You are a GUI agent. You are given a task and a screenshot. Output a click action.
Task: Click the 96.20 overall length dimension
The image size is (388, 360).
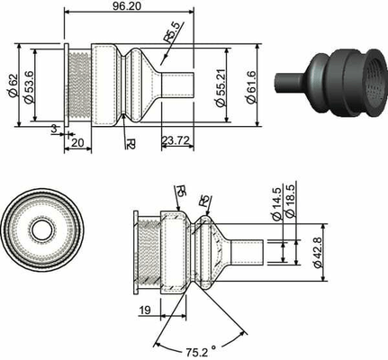tap(127, 6)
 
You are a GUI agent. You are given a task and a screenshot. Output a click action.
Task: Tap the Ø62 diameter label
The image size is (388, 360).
tap(14, 85)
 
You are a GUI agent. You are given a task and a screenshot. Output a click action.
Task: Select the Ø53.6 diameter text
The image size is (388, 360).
tap(30, 86)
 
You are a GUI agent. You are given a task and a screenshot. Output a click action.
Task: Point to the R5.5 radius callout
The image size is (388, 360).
tap(173, 32)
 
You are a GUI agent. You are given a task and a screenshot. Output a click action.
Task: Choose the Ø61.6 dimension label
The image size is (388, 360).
tap(251, 87)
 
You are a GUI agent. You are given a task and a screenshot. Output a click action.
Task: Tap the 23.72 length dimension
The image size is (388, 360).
tap(176, 140)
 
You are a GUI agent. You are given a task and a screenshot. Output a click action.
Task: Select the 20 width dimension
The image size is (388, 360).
tap(77, 143)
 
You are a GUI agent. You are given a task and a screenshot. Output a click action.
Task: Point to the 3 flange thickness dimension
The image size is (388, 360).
tap(54, 129)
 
